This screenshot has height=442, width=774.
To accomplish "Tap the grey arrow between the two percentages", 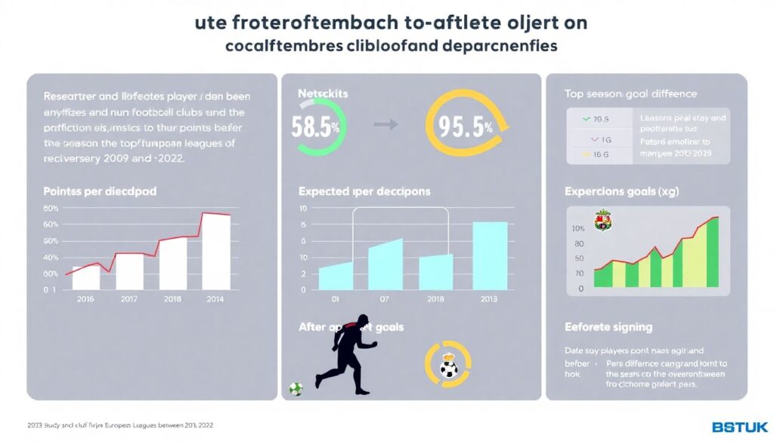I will click(385, 125).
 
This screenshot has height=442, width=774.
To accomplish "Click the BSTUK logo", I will click(740, 427).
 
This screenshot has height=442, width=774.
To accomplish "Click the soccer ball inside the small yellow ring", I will click(448, 369).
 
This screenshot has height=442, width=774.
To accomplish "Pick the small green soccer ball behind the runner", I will click(296, 389).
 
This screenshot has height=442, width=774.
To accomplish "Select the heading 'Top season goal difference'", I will click(630, 94).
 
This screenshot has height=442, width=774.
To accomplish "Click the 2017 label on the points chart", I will click(129, 299).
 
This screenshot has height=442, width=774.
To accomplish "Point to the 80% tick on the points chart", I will click(51, 209).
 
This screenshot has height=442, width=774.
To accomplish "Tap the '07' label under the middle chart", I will click(384, 299).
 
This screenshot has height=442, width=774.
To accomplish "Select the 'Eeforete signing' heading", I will click(608, 327).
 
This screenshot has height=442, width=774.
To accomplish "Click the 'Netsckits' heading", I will click(323, 94).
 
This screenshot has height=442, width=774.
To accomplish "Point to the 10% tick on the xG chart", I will click(579, 229).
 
